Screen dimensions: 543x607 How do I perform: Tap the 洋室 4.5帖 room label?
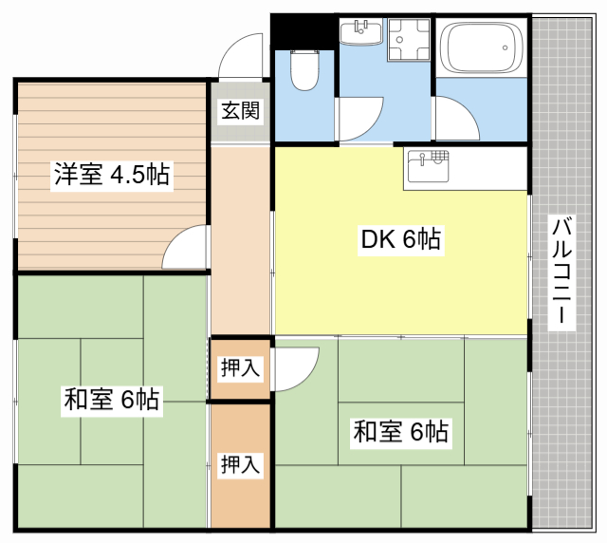pyautogui.click(x=111, y=175)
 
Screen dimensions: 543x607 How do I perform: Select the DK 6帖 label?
pyautogui.click(x=399, y=240)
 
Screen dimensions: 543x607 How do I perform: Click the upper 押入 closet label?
pyautogui.click(x=240, y=368)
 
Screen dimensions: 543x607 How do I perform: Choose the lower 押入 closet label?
pyautogui.click(x=240, y=464)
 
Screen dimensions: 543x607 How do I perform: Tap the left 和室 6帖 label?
pyautogui.click(x=111, y=399)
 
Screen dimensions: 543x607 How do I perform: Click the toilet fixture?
pyautogui.click(x=305, y=70)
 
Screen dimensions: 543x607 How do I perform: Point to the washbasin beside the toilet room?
pyautogui.click(x=361, y=34)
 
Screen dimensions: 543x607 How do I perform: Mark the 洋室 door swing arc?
pyautogui.click(x=184, y=249)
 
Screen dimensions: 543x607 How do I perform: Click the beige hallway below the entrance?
pyautogui.click(x=240, y=237)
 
